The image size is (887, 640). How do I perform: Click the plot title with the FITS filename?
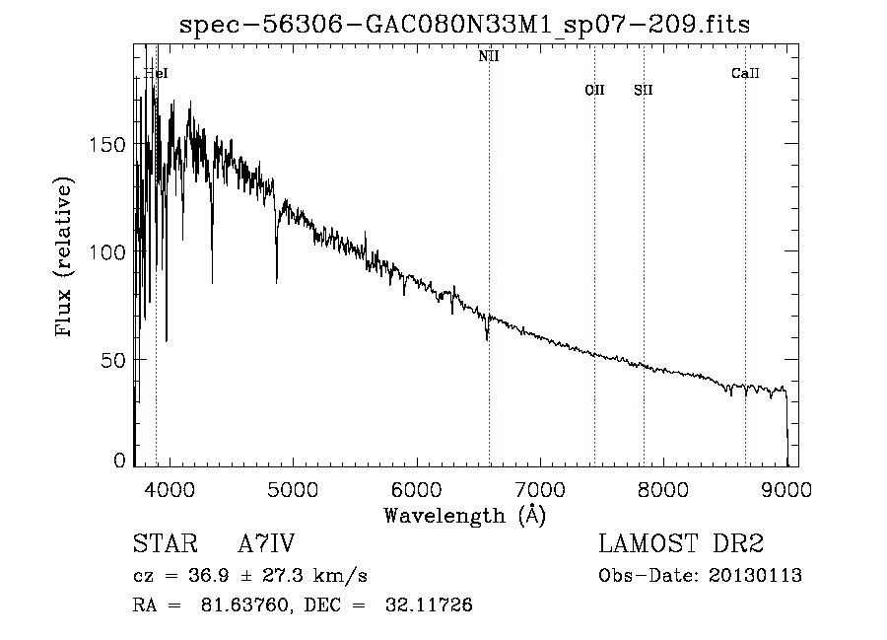point(464,26)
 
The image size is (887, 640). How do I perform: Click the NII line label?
point(489,57)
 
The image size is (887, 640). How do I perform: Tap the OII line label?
point(594,91)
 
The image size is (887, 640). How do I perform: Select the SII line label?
point(644,91)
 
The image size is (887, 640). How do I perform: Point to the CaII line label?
point(745,74)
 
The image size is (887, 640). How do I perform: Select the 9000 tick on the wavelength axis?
point(786,489)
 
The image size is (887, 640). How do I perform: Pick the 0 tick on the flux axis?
point(119,461)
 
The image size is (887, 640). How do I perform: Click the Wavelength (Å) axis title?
point(464,515)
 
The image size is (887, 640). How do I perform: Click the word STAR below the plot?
point(164,544)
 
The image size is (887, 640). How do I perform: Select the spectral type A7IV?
point(266,544)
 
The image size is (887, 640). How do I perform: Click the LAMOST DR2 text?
point(681,544)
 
